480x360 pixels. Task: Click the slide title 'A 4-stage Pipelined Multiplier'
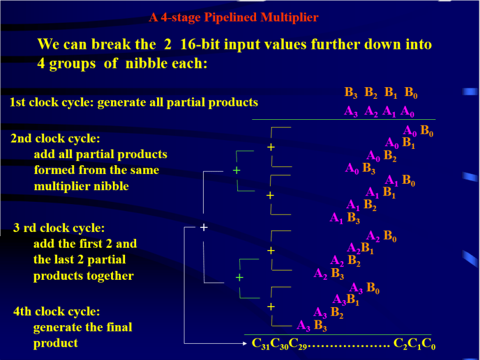point(233,17)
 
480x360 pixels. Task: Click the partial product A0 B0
point(418,131)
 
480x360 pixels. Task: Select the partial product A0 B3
point(360,169)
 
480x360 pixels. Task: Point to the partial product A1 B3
point(344,218)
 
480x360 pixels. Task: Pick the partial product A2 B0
point(382,236)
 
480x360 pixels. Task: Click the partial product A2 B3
point(328,273)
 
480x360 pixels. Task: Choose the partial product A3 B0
point(364,288)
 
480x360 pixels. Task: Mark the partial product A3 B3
point(312,326)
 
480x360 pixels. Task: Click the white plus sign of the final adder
point(204,227)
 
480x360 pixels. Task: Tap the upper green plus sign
point(236,170)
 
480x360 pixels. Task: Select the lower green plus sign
point(239,277)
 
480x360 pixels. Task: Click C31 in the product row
point(261,344)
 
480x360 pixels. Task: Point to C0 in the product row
point(428,344)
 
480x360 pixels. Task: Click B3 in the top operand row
point(351,92)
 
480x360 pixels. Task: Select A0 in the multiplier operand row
point(408,111)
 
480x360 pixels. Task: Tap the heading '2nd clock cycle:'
point(55,139)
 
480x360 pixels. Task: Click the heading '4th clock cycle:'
point(56,312)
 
